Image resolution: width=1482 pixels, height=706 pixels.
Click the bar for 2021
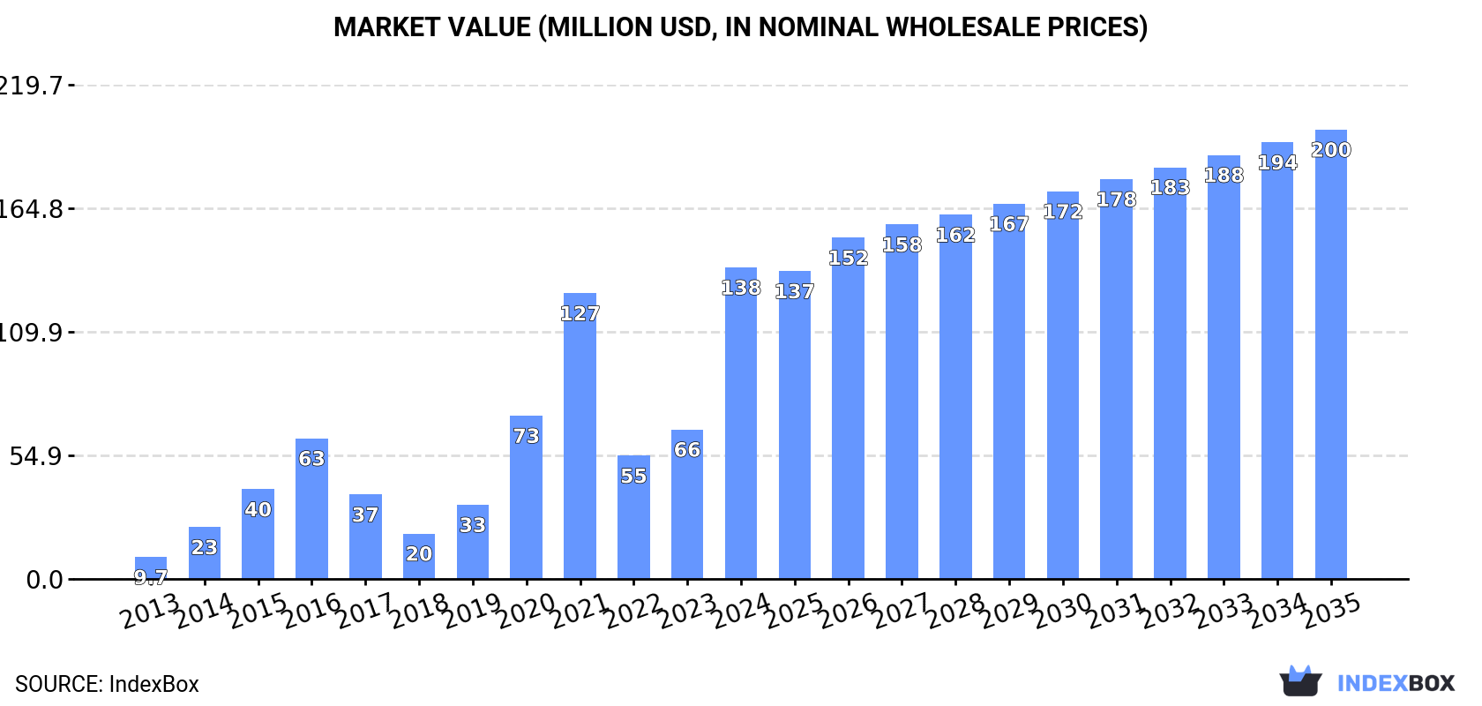click(x=580, y=436)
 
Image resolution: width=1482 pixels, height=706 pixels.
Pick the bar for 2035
click(x=1330, y=354)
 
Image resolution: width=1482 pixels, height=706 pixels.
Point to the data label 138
click(x=741, y=288)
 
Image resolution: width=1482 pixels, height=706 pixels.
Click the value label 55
click(x=633, y=476)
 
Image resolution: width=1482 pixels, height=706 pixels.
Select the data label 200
click(x=1330, y=150)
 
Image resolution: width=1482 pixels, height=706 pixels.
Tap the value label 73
click(x=526, y=436)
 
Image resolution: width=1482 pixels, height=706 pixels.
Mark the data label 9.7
click(x=151, y=578)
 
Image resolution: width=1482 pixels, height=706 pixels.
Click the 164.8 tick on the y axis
click(x=32, y=209)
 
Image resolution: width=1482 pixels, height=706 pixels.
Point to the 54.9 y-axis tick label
click(x=36, y=456)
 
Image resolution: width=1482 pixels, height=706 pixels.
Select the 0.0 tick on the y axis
click(x=44, y=580)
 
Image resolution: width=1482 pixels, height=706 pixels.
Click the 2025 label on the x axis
click(x=795, y=610)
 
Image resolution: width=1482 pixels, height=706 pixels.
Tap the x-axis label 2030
click(x=1063, y=610)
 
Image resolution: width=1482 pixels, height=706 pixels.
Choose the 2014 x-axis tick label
click(x=205, y=610)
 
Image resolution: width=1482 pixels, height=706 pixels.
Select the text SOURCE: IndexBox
click(x=107, y=684)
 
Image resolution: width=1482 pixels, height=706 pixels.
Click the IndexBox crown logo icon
click(x=1300, y=681)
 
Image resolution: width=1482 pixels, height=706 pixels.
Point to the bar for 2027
click(x=902, y=402)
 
